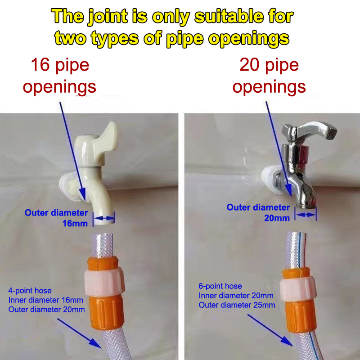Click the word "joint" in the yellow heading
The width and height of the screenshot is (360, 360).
pos(108,17)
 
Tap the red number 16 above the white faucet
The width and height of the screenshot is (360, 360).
pos(40,65)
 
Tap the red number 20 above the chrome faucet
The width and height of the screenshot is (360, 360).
pos(249,65)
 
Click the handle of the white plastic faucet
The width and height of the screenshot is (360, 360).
pos(108,135)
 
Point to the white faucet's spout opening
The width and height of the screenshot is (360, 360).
pos(104,220)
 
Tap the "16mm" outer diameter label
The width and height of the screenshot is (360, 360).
pos(75,223)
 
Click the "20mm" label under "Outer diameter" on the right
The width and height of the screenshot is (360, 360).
pos(277,218)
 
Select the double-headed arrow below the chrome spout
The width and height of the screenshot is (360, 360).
pos(306,215)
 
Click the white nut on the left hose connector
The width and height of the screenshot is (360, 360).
pos(105,283)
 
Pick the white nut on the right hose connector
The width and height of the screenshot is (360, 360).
pos(298,288)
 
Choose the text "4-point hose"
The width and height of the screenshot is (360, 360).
pos(30,291)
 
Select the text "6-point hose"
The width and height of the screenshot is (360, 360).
pos(220,286)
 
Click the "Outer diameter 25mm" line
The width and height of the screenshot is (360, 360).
pos(237,305)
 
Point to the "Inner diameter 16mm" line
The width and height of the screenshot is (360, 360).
pos(46,300)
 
